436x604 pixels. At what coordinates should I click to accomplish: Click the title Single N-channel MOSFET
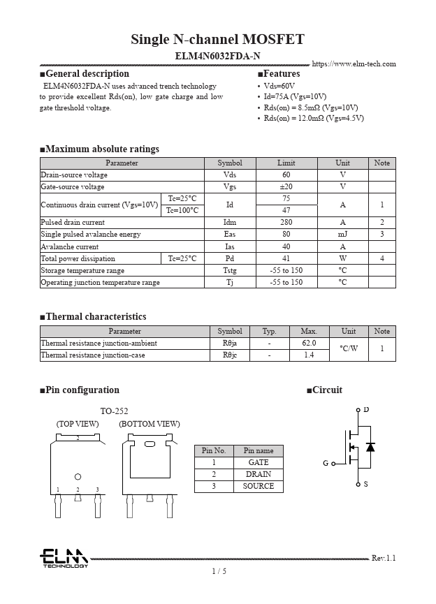coord(217,39)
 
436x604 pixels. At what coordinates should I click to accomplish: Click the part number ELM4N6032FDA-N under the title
coord(217,56)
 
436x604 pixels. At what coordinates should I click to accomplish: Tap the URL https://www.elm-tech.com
coord(354,64)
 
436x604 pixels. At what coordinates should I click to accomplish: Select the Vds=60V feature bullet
coord(279,86)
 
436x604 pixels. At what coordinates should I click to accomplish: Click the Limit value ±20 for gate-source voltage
coord(286,187)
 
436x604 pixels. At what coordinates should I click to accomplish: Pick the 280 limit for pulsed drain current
coord(286,223)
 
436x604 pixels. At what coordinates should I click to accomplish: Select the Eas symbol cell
coord(229,235)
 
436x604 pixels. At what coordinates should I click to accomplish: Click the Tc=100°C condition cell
coord(182,211)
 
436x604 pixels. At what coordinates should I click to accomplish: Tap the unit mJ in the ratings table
coord(342,235)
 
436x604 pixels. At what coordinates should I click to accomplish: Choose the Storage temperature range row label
coord(82,270)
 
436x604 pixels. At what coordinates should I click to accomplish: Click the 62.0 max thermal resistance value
coord(309,344)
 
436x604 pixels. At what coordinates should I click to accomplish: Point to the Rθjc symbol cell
coord(230,355)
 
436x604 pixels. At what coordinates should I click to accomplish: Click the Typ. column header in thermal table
coord(269,332)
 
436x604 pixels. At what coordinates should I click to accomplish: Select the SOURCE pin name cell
coord(258,487)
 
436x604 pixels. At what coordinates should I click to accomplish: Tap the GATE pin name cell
coord(258,463)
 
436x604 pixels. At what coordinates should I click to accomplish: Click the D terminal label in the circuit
coord(366,409)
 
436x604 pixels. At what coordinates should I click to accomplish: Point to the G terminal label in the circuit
coord(326,463)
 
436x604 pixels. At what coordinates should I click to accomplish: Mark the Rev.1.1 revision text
coord(383,558)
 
